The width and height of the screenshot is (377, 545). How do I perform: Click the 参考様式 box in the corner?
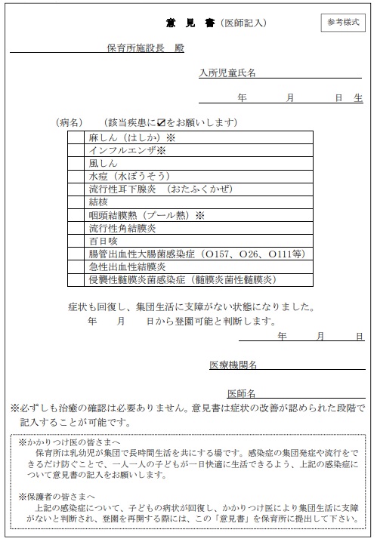[344, 23]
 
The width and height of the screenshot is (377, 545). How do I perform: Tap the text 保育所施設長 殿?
[145, 49]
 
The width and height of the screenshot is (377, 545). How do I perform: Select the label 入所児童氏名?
[227, 73]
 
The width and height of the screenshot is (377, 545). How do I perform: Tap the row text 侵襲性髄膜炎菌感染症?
[137, 279]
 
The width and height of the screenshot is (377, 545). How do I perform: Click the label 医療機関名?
[234, 365]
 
